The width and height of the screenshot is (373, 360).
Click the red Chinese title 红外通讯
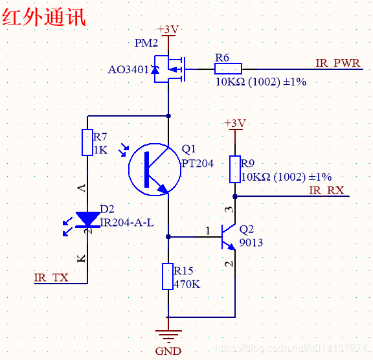click(x=44, y=17)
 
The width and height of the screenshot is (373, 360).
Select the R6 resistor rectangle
click(x=228, y=69)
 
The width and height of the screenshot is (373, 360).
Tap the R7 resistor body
click(x=87, y=142)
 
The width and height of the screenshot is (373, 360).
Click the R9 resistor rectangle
click(x=235, y=169)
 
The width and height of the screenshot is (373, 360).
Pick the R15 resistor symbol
click(x=168, y=276)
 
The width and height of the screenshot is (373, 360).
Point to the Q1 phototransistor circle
click(x=129, y=169)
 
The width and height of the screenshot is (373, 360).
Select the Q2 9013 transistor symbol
click(x=229, y=237)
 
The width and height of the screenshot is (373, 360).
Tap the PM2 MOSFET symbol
click(x=170, y=69)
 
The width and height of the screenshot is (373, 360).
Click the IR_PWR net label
click(x=338, y=63)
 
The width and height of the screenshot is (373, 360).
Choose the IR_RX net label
click(x=326, y=190)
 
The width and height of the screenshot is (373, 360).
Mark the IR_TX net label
click(x=51, y=278)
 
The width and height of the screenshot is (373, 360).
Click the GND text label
click(x=168, y=351)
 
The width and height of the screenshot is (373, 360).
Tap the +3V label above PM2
click(x=168, y=30)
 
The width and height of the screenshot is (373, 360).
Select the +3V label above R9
click(x=235, y=123)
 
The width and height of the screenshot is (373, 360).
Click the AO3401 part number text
click(x=128, y=70)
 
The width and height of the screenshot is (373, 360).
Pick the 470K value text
click(x=187, y=284)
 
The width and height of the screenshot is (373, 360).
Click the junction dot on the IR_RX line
click(x=235, y=196)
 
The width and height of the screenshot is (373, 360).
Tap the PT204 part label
click(x=198, y=164)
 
